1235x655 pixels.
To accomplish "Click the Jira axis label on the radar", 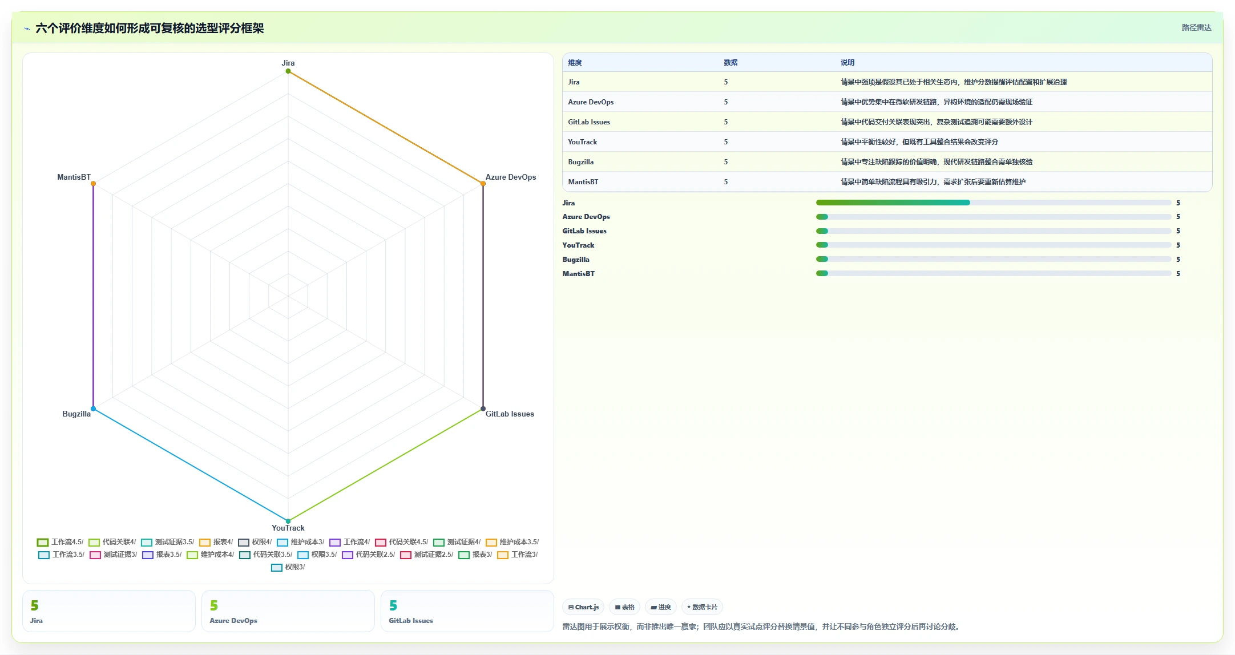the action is coord(288,63).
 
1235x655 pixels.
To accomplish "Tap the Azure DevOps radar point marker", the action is coord(483,183).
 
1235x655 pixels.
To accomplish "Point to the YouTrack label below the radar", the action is coord(288,528).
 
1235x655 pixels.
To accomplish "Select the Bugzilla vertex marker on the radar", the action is coord(93,409).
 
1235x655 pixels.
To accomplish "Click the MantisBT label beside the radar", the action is coord(74,177).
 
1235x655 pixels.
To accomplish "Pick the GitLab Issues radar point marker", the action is coord(483,409).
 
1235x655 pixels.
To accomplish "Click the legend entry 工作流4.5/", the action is coord(60,542).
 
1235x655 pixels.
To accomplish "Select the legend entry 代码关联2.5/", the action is coord(369,555).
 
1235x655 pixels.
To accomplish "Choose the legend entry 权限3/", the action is coord(288,567).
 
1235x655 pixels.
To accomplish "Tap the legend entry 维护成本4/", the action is coord(211,555).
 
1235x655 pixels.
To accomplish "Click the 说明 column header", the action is coord(847,63).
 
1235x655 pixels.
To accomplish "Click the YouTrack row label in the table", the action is coord(583,142).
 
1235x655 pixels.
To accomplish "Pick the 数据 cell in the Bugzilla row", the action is coord(726,162).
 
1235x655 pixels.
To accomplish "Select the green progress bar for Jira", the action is coord(893,203).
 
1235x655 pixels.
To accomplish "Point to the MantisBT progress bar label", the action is coord(579,274).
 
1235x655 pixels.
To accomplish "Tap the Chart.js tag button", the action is coord(583,607).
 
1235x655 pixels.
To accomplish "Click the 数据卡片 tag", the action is coord(702,607).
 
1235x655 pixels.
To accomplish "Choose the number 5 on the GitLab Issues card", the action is coord(393,605).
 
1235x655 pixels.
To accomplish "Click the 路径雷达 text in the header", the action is coord(1196,27).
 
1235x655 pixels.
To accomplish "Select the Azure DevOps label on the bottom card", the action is coord(233,621).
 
